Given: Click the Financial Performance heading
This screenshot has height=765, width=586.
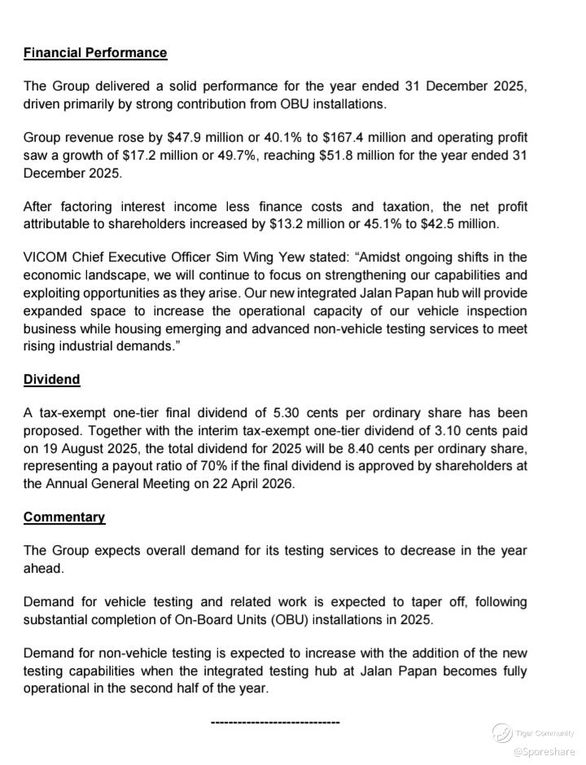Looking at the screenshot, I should tap(95, 53).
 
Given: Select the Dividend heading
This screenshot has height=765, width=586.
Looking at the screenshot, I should tap(52, 380).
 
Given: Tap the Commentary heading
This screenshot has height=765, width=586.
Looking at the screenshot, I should tap(64, 517).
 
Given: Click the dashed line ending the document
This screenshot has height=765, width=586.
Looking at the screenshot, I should tap(275, 722).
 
